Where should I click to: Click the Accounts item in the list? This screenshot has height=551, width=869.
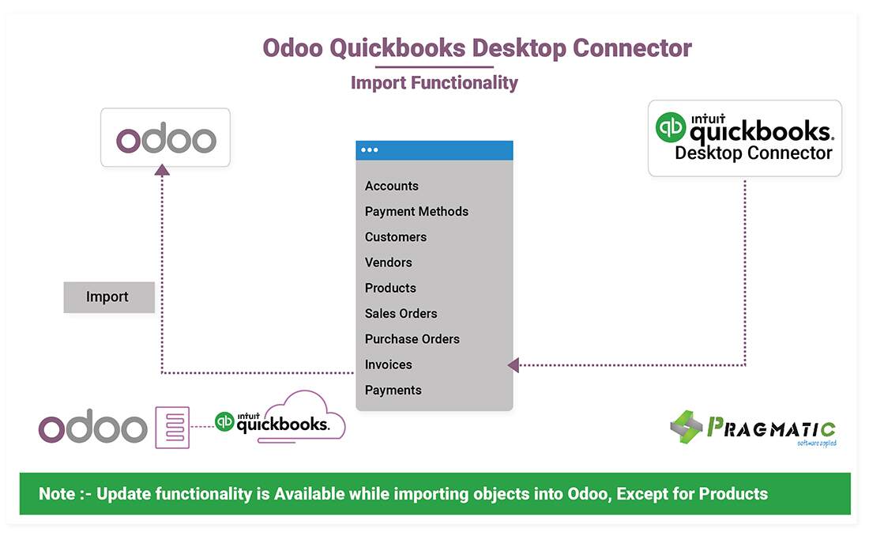click(391, 186)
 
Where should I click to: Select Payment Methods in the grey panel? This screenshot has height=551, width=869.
click(416, 211)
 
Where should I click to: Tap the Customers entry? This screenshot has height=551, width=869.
click(396, 236)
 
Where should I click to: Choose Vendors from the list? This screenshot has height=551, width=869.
click(388, 262)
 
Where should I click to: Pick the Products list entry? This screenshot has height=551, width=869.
click(390, 288)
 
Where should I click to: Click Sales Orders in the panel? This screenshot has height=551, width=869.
click(401, 313)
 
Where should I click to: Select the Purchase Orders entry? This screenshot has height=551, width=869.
click(412, 338)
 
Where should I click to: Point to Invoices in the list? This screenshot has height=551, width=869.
click(388, 364)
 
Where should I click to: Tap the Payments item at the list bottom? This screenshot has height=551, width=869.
click(393, 391)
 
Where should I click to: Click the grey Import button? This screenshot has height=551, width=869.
click(109, 297)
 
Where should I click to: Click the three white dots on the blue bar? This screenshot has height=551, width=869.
click(369, 149)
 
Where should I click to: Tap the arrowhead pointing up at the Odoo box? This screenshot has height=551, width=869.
click(162, 170)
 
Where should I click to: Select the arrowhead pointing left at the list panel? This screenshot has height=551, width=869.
click(513, 364)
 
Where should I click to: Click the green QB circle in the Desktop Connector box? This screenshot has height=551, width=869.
click(671, 127)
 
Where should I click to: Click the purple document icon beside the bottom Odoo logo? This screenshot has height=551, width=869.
click(172, 428)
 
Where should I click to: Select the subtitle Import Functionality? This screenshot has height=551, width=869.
click(434, 82)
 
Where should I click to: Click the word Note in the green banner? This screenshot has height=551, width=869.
click(57, 493)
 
